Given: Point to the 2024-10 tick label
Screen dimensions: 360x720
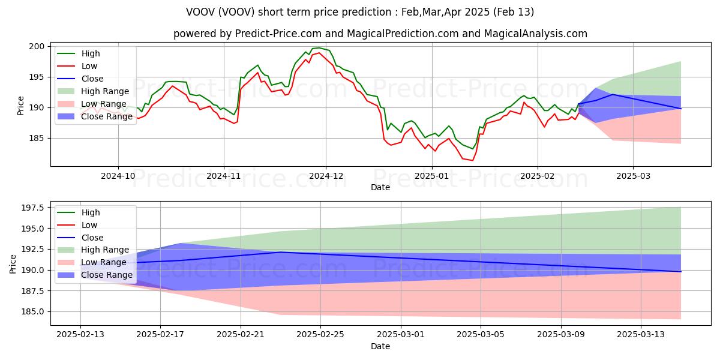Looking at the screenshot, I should click(x=118, y=176).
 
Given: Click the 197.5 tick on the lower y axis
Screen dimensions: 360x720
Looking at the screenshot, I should click(x=33, y=208).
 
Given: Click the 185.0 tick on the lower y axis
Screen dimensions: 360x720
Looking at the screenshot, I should click(x=33, y=311).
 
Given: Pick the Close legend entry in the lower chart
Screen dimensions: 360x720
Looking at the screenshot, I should click(x=92, y=237).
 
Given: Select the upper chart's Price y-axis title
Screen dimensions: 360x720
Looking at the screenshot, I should click(x=20, y=105).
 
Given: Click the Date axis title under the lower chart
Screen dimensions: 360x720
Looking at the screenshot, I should click(x=380, y=346).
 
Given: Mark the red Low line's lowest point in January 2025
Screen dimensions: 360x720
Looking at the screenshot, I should click(x=472, y=160).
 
